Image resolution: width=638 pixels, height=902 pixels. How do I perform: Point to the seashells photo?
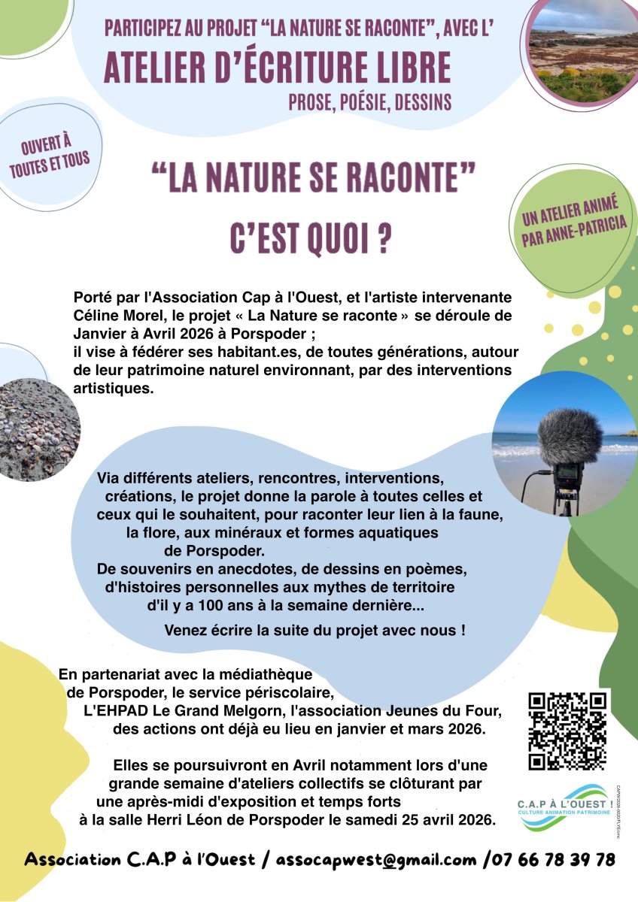point(38,428)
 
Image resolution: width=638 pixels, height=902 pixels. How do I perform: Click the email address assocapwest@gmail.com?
point(376,860)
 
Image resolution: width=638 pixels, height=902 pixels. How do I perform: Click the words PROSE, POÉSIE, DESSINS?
point(369,101)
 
